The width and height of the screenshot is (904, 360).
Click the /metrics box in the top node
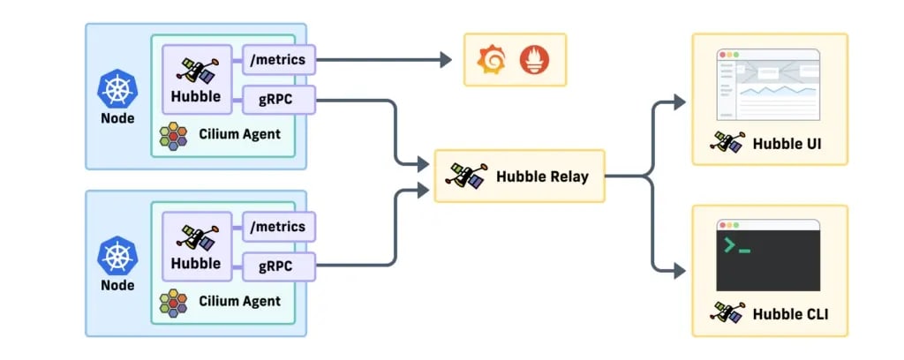point(279,60)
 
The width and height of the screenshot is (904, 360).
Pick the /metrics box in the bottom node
point(279,227)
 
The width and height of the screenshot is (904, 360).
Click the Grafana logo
point(492,60)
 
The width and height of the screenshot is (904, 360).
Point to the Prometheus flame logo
point(534,60)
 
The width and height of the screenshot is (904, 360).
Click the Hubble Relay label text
point(542,176)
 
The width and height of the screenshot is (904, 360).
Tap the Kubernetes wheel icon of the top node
point(117,89)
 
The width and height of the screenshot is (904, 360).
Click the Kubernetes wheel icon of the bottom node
point(117,256)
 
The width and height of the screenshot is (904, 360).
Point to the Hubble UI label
point(787,144)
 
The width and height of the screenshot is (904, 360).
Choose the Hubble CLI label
point(790,314)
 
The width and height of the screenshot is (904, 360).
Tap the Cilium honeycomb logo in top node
point(173,136)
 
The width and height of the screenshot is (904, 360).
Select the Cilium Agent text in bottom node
point(240,301)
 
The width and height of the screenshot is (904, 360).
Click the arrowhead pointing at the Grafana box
point(446,59)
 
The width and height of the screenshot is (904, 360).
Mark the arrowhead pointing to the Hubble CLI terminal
point(680,270)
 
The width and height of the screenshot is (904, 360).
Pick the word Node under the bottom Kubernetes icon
point(117,285)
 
